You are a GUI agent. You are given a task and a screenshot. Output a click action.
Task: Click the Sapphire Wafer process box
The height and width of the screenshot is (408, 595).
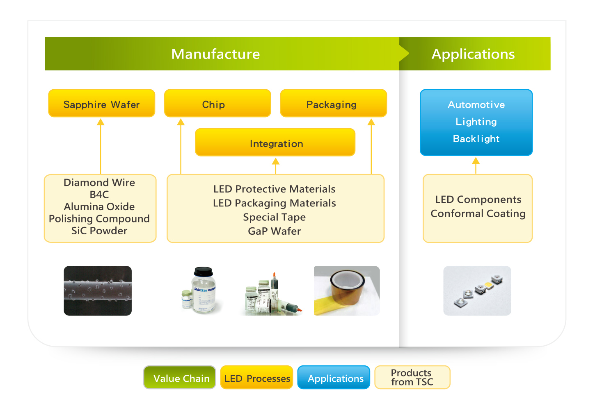[x=101, y=103]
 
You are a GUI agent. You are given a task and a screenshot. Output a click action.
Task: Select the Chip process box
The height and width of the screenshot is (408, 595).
[x=217, y=103]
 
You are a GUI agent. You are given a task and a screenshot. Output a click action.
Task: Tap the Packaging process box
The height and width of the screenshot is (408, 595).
[x=333, y=103]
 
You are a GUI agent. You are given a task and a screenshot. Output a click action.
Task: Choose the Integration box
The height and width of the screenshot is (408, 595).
[x=275, y=143]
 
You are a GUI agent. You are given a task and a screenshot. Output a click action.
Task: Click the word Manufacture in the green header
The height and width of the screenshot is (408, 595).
[x=215, y=54]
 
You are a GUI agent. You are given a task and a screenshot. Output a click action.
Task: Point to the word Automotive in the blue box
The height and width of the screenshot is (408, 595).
[x=476, y=105]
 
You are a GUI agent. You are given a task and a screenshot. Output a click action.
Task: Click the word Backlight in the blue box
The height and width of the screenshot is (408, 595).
[x=476, y=138]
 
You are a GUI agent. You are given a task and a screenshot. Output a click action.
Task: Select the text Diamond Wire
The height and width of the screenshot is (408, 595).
[x=99, y=182]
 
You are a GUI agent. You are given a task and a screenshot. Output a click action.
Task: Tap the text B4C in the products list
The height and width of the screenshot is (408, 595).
[x=99, y=195]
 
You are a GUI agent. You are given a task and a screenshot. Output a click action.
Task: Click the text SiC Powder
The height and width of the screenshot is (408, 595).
[x=99, y=231]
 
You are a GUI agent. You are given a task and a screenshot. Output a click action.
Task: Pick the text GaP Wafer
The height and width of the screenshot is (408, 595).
[x=275, y=231]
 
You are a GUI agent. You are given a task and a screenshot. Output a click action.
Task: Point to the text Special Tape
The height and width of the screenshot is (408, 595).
[x=275, y=218]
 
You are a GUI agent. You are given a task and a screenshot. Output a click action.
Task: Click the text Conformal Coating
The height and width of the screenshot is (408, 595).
[x=478, y=214]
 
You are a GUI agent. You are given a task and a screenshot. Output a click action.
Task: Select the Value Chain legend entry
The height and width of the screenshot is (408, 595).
[x=180, y=377]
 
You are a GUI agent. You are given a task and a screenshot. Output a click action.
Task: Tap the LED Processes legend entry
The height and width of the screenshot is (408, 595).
[x=256, y=377]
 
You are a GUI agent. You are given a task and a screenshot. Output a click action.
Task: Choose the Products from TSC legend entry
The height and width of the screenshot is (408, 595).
[x=412, y=377]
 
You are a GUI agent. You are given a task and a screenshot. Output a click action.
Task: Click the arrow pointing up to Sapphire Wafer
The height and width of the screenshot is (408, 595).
[x=101, y=146]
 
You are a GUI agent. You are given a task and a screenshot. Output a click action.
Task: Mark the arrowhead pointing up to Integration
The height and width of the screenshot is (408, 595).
[x=276, y=161]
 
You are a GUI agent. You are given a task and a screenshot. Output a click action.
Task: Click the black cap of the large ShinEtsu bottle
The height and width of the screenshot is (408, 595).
[x=203, y=272]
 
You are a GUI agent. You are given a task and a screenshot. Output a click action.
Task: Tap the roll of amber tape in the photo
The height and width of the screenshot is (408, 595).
[x=347, y=290]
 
